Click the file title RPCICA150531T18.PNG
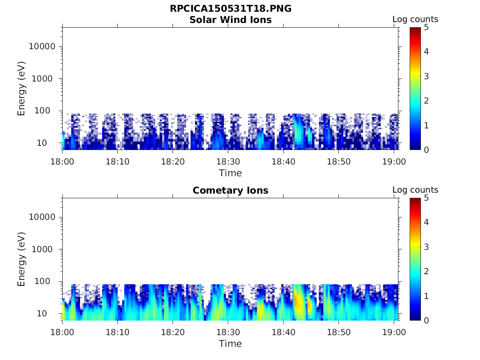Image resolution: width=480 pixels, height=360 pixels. [x=230, y=9]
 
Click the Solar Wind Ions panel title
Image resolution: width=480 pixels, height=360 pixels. [x=230, y=20]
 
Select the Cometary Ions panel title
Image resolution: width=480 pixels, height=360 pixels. [x=230, y=190]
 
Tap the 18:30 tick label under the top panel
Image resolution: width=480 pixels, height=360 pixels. [x=228, y=162]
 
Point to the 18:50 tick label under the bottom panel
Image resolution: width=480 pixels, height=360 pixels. [x=338, y=332]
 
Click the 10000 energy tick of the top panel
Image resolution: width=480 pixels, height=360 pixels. [x=42, y=46]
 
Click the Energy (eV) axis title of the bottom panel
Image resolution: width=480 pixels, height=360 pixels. [x=22, y=259]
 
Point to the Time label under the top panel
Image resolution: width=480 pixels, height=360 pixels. [x=230, y=173]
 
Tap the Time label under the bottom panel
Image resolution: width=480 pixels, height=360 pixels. [x=230, y=344]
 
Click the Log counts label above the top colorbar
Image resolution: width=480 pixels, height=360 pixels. [x=415, y=20]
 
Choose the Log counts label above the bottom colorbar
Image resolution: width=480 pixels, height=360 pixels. [x=415, y=190]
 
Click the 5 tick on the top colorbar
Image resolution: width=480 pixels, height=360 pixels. [x=426, y=27]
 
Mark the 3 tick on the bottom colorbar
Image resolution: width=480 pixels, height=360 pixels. [x=426, y=247]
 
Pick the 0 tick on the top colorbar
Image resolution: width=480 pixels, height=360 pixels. [x=426, y=150]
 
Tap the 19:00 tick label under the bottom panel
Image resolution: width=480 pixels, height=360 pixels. [x=394, y=332]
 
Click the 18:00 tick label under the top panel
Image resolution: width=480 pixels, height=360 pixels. [x=62, y=162]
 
